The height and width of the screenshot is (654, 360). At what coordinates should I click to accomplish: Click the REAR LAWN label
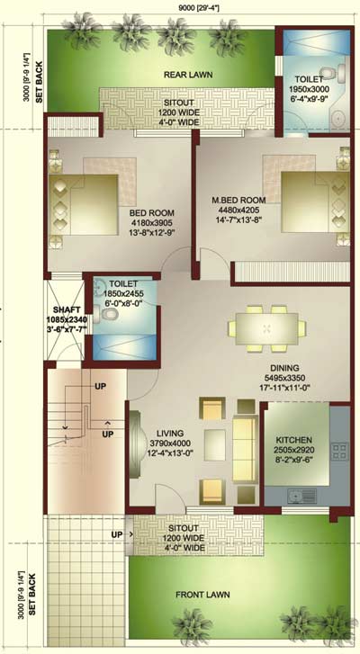[188, 75]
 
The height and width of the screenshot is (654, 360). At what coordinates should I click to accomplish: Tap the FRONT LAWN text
[202, 595]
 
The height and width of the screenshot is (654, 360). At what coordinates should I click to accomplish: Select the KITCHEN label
[293, 440]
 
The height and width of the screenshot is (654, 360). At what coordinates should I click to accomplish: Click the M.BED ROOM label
[238, 201]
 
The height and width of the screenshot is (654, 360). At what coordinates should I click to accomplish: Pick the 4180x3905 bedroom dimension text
[152, 223]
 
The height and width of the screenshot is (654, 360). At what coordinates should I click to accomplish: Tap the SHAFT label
[66, 310]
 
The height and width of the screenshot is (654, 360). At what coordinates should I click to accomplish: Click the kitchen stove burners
[339, 452]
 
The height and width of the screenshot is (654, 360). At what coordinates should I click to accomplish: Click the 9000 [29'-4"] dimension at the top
[199, 7]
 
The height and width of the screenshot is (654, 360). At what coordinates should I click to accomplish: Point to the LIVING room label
[170, 434]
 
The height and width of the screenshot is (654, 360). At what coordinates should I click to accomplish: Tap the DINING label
[285, 368]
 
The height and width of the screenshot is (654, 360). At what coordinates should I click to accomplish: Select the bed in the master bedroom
[315, 202]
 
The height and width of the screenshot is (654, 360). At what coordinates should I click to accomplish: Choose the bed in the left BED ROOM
[84, 204]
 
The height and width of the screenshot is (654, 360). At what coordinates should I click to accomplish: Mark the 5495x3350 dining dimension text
[284, 378]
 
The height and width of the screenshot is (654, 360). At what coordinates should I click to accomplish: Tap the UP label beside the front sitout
[117, 534]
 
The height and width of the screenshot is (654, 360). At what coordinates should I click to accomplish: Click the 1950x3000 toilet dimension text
[309, 89]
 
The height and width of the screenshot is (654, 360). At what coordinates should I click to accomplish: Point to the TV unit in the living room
[135, 444]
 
